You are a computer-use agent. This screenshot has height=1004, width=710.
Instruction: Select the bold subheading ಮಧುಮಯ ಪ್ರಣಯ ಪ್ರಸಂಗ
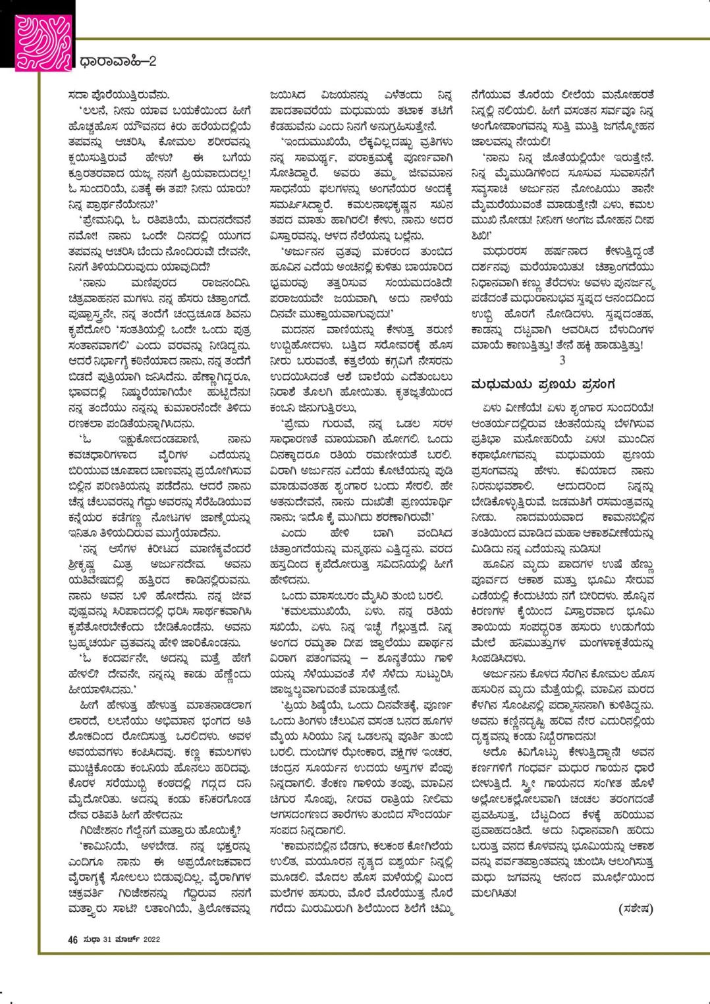[544, 384]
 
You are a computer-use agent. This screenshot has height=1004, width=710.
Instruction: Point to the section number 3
[562, 360]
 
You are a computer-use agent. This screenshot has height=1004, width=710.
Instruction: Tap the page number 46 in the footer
[72, 939]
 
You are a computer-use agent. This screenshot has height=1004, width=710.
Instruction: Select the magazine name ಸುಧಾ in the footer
[91, 939]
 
